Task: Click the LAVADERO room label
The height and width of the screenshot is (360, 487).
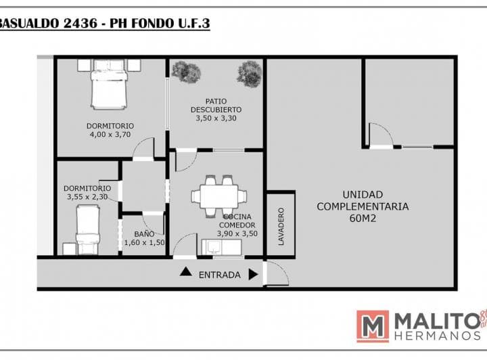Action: coord(281,227)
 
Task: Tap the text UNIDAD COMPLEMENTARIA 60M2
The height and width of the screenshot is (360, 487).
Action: coord(363,206)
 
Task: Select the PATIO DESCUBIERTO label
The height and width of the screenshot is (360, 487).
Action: coord(216,106)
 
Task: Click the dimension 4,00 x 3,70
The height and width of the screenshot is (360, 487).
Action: coord(110,135)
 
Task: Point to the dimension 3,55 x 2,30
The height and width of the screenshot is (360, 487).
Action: coord(87,197)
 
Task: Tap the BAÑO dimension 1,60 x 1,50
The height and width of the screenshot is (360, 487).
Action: coord(145,242)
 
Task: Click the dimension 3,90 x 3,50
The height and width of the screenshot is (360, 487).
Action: coord(237,233)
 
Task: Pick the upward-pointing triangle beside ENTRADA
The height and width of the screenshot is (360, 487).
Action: coord(186,271)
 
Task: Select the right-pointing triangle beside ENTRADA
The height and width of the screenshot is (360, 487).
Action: coord(254,275)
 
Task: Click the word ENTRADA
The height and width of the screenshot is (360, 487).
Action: coord(220,275)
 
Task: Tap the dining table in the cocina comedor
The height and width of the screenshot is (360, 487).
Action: coord(219,196)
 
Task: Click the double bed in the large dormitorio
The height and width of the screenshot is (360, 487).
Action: coord(109,85)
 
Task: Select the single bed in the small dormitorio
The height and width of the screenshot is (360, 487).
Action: coord(87,230)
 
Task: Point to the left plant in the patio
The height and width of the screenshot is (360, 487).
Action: coord(187,72)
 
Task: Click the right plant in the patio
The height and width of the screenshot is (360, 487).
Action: coord(250,74)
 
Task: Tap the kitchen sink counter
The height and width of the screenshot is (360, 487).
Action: coord(221,247)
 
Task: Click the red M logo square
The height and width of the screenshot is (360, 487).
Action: coord(373,326)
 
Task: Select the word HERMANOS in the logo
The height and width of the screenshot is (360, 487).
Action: coord(438,336)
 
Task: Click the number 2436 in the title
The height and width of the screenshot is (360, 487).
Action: coord(80,24)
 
